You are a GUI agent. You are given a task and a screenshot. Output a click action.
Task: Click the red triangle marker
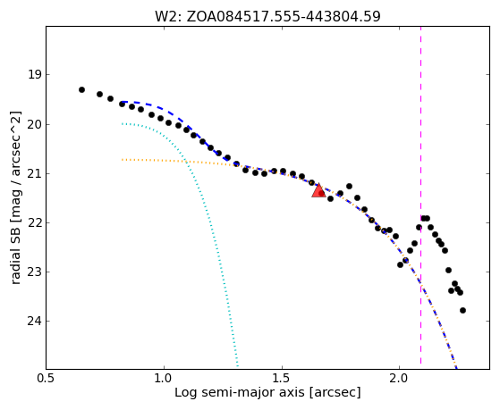click(x=318, y=190)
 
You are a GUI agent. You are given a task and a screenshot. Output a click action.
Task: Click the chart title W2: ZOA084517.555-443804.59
click(x=267, y=17)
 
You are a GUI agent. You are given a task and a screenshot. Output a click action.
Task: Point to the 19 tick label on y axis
click(x=35, y=75)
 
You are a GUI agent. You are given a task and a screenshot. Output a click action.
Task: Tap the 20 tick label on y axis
click(x=35, y=124)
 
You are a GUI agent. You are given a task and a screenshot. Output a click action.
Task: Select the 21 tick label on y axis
click(x=35, y=173)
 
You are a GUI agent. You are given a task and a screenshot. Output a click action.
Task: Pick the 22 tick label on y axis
click(x=35, y=222)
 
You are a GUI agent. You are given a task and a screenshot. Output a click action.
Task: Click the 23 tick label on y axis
click(x=35, y=272)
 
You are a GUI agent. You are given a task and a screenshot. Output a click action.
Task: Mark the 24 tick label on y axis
click(x=35, y=321)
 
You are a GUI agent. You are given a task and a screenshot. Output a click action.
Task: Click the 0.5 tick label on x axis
click(x=47, y=379)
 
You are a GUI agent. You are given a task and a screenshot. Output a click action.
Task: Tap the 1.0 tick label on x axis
click(x=164, y=379)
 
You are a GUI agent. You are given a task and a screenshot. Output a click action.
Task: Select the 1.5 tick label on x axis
click(x=282, y=379)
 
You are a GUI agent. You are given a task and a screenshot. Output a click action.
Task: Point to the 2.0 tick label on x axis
click(x=399, y=379)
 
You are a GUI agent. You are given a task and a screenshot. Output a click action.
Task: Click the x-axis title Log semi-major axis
click(x=239, y=392)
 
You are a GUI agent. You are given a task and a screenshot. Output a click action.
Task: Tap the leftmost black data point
click(x=81, y=90)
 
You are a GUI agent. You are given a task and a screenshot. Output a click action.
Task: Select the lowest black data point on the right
click(x=462, y=310)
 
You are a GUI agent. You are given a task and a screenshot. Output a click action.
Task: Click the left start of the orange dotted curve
click(x=123, y=159)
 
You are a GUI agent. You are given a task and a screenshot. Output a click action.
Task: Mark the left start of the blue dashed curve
click(x=123, y=102)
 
